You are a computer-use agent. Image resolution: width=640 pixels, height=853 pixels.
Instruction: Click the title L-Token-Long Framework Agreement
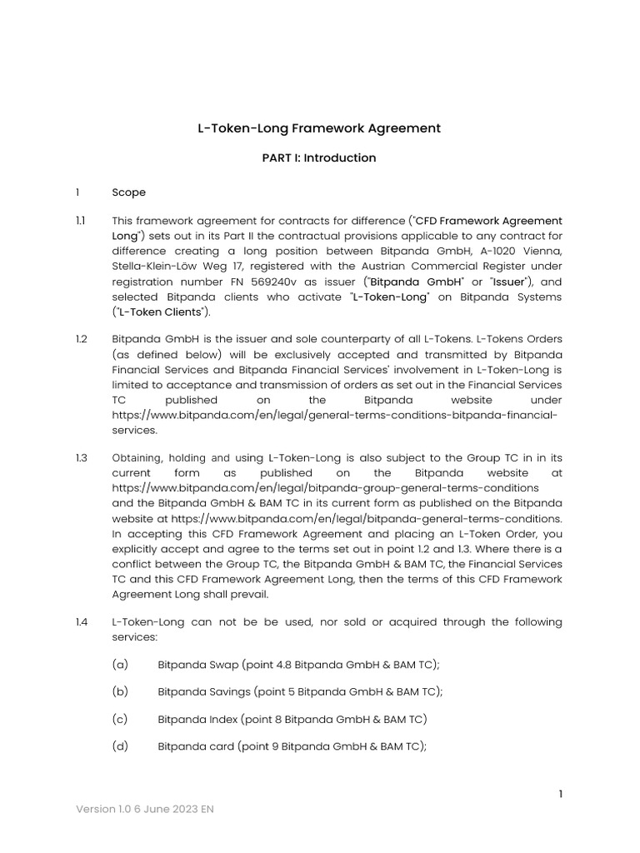[x=318, y=128]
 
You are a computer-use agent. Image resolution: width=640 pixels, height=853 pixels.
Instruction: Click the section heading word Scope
[x=128, y=192]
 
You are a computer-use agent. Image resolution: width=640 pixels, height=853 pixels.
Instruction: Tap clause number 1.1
[x=80, y=221]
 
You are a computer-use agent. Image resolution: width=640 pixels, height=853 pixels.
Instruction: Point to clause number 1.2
[x=80, y=339]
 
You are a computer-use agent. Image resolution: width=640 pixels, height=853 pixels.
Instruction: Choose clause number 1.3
[x=80, y=457]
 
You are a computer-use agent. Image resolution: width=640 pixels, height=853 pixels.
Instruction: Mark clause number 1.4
[x=80, y=622]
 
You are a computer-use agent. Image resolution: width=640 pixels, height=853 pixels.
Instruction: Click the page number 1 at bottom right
[x=561, y=794]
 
